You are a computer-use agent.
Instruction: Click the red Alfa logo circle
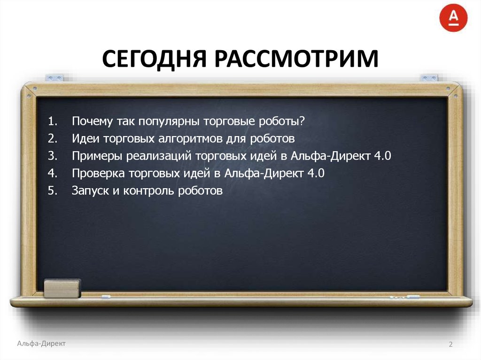point(453,17)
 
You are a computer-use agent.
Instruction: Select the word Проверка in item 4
point(98,173)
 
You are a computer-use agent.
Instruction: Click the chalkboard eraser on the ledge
point(62,288)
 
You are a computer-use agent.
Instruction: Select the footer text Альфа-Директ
point(41,344)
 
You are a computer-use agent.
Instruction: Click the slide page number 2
point(450,345)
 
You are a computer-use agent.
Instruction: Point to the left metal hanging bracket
point(54,77)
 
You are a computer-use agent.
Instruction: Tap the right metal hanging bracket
point(428,77)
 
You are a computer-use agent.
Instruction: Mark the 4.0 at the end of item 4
point(316,173)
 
